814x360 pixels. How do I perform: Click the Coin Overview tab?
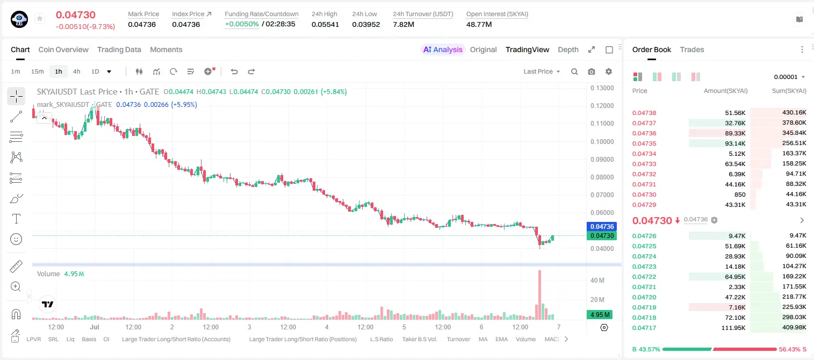63,49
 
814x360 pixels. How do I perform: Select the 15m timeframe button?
38,71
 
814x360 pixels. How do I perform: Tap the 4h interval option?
76,71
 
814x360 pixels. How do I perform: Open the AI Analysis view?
443,49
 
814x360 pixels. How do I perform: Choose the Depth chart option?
568,49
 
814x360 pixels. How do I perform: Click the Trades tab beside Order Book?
692,49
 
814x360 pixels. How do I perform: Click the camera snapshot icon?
592,71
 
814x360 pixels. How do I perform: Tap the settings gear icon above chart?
609,71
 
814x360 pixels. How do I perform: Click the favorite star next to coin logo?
40,18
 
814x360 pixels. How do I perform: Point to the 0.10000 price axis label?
602,142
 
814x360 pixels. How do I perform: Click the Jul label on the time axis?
95,327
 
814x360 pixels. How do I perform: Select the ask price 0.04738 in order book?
644,113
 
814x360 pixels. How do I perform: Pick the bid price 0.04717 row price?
644,328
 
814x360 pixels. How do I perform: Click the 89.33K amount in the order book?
735,133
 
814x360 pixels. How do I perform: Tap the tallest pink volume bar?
539,295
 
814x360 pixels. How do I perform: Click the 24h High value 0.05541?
325,24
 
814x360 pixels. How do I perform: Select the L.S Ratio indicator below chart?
381,339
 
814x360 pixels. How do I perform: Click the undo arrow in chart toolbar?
234,71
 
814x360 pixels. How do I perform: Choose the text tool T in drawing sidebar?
16,219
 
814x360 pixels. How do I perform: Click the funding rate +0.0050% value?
242,24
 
